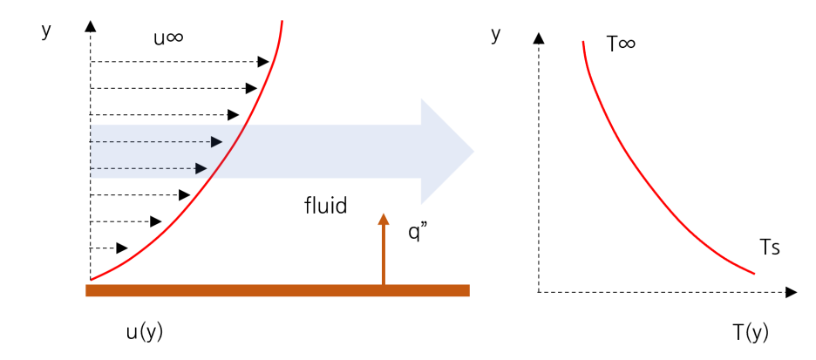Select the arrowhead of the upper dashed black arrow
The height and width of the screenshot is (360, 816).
tap(217, 142)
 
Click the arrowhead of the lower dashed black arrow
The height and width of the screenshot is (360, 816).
tap(201, 168)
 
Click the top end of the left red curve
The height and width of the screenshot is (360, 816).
tap(282, 22)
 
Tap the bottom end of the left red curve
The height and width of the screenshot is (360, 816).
tap(92, 280)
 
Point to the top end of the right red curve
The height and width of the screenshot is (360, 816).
tap(583, 41)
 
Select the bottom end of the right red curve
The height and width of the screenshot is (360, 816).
tap(754, 274)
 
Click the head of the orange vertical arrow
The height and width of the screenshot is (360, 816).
tap(384, 219)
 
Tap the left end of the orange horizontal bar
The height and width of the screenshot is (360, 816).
tap(87, 290)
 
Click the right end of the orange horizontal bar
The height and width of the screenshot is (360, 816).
tap(468, 290)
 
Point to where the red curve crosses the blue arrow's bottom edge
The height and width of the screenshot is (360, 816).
tap(213, 178)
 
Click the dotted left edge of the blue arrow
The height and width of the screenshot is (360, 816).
tap(91, 152)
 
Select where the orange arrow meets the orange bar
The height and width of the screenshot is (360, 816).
tap(384, 285)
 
